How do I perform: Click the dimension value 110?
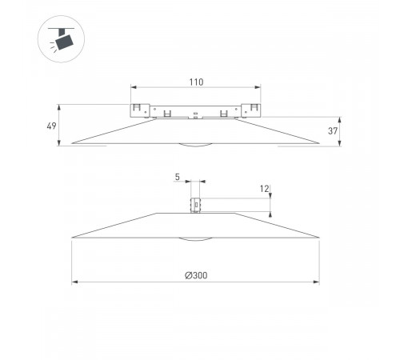click(x=196, y=82)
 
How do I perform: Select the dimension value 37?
click(x=332, y=131)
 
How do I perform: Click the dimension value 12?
click(x=264, y=189)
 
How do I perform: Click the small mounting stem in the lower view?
click(x=195, y=205)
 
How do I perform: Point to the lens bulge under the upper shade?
click(x=196, y=146)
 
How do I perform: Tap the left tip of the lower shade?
click(x=73, y=237)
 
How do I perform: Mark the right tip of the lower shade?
click(x=320, y=237)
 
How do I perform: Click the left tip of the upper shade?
click(x=73, y=144)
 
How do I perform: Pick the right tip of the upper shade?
click(x=320, y=144)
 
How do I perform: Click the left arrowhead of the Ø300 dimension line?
click(x=75, y=282)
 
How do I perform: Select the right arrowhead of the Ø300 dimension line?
click(x=318, y=282)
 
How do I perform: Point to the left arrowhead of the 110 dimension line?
click(x=133, y=87)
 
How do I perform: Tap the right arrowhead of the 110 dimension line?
click(x=259, y=87)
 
